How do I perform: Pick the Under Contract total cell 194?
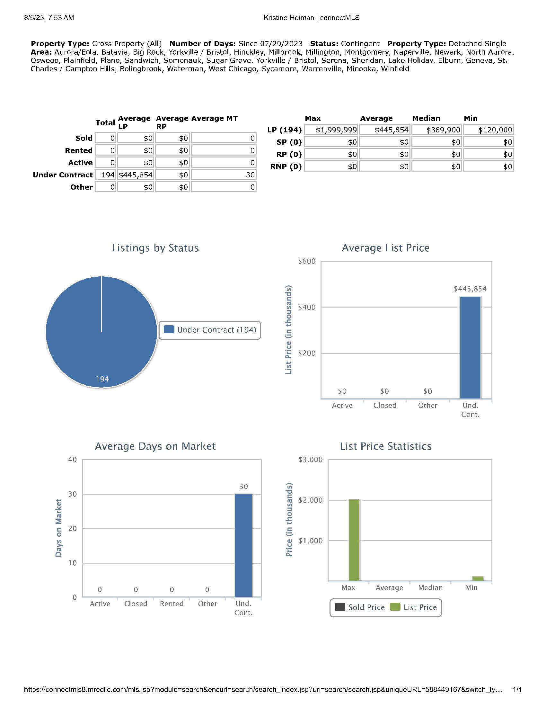[106, 175]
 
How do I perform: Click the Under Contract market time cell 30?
[224, 175]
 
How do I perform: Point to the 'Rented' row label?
[79, 150]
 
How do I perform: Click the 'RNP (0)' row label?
[286, 167]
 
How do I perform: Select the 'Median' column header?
[426, 118]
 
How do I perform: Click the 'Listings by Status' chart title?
[155, 248]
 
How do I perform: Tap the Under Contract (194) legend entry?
[210, 330]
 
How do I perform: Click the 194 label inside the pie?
[102, 379]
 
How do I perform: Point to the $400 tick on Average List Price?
[307, 307]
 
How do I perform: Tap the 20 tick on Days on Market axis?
[72, 529]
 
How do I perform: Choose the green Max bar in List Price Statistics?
[354, 540]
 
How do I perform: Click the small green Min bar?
[478, 578]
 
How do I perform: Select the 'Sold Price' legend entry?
[360, 607]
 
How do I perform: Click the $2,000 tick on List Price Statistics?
[310, 500]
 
